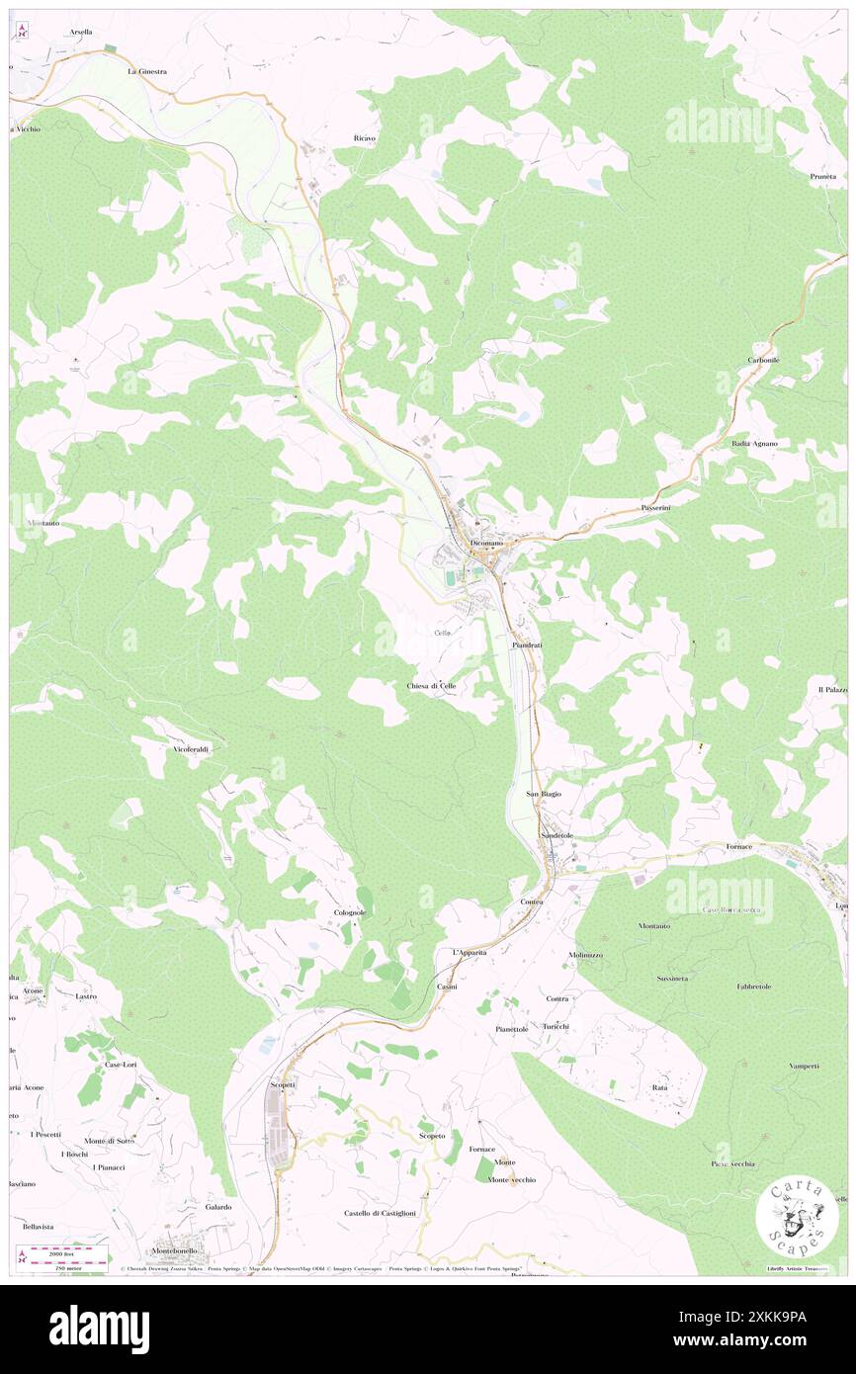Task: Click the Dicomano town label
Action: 486,544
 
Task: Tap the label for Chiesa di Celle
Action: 432,685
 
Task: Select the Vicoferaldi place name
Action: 192,749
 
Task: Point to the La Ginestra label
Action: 146,72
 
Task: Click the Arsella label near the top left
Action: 81,32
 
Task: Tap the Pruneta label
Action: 823,176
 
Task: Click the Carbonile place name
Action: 763,360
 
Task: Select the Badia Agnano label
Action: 754,443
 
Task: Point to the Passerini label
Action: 656,507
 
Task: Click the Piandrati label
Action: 527,644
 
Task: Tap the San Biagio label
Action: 543,794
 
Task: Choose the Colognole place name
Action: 350,912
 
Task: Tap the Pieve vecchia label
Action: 732,1163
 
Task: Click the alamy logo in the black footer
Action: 99,1329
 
